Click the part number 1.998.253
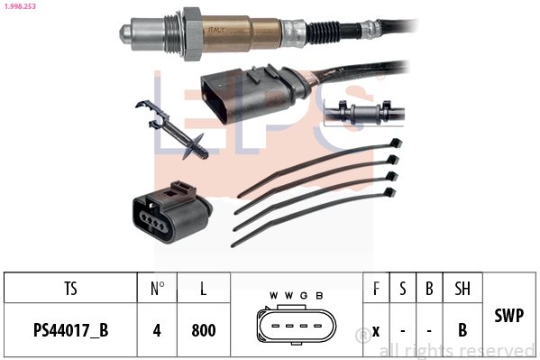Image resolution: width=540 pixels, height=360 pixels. pyautogui.click(x=20, y=5)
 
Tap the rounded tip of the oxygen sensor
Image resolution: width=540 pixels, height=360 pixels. pyautogui.click(x=125, y=33)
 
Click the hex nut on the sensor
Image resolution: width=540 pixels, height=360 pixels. pyautogui.click(x=193, y=33)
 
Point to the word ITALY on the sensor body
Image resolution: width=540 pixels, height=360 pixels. pyautogui.click(x=216, y=30)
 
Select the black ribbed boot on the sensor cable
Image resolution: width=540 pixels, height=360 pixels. pyautogui.click(x=324, y=32)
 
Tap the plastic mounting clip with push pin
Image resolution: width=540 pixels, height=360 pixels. pyautogui.click(x=171, y=129)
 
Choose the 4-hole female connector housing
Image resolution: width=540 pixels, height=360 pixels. pyautogui.click(x=172, y=212)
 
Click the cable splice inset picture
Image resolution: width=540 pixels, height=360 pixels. pyautogui.click(x=364, y=113)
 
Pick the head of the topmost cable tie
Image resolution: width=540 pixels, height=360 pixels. pyautogui.click(x=396, y=143)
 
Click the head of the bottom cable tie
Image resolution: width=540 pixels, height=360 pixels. pyautogui.click(x=389, y=192)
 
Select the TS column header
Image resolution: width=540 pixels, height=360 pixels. pyautogui.click(x=70, y=289)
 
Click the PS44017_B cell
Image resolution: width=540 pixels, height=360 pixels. pyautogui.click(x=71, y=330)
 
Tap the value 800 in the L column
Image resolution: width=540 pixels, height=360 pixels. pyautogui.click(x=204, y=330)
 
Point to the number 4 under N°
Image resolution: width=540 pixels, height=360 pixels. pyautogui.click(x=157, y=330)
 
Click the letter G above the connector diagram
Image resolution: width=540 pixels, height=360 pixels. pyautogui.click(x=304, y=296)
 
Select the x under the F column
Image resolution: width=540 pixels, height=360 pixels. pyautogui.click(x=376, y=331)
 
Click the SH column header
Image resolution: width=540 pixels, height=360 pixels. pyautogui.click(x=462, y=289)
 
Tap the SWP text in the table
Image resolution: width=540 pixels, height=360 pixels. pyautogui.click(x=508, y=315)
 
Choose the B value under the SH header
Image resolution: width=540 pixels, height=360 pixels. pyautogui.click(x=462, y=330)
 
